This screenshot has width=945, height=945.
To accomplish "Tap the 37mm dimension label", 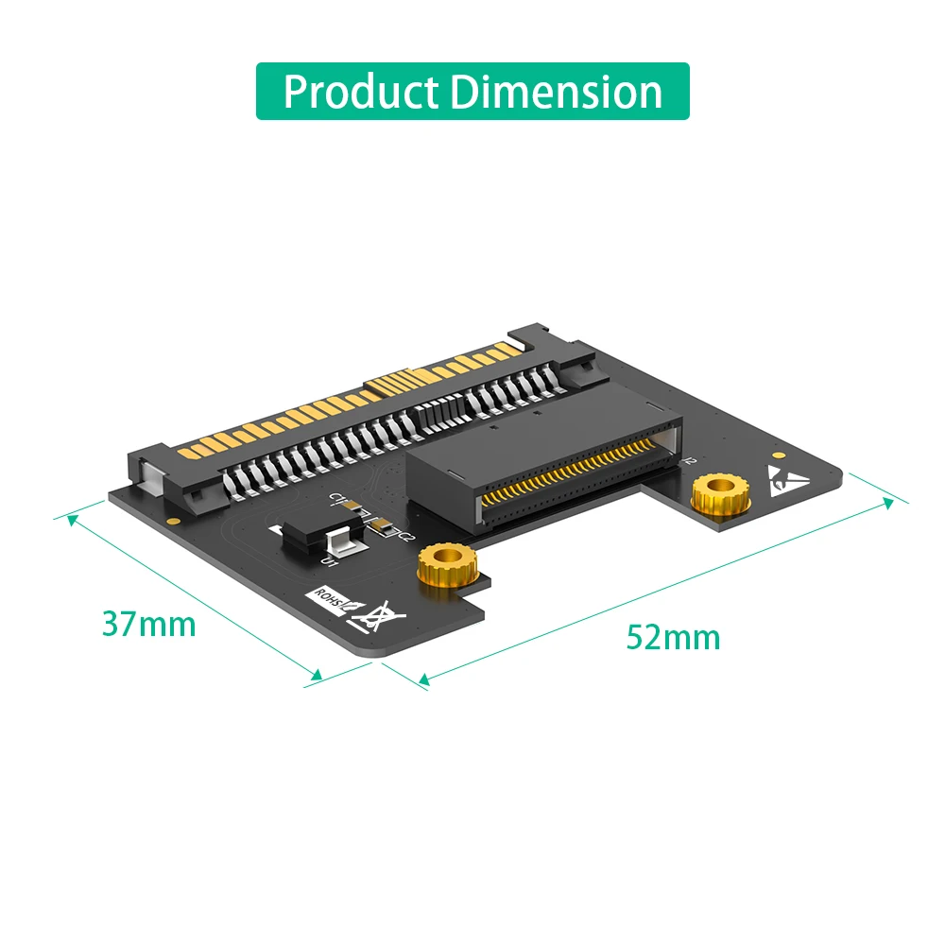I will click(149, 625).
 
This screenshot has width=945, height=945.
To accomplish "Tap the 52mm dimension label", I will click(673, 638).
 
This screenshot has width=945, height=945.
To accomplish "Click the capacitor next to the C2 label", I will click(383, 525).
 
